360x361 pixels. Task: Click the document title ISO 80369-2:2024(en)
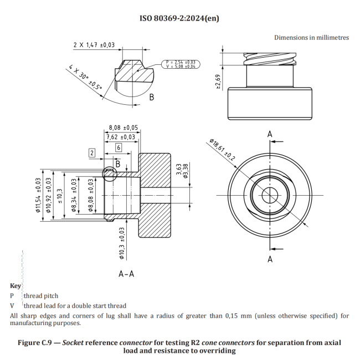click(179, 18)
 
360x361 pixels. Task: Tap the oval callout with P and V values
click(181, 64)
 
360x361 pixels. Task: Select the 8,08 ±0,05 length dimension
click(123, 127)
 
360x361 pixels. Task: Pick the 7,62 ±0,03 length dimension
click(120, 136)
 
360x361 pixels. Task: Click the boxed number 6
click(119, 148)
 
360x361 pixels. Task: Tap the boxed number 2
click(92, 152)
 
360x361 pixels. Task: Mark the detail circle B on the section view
click(109, 173)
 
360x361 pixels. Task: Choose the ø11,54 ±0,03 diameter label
click(38, 200)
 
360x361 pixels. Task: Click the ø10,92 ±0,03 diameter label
click(48, 200)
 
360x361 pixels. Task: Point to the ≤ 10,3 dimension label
click(61, 198)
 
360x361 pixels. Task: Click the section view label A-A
click(128, 273)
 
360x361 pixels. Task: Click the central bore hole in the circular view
click(270, 196)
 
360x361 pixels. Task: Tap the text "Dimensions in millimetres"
click(311, 37)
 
